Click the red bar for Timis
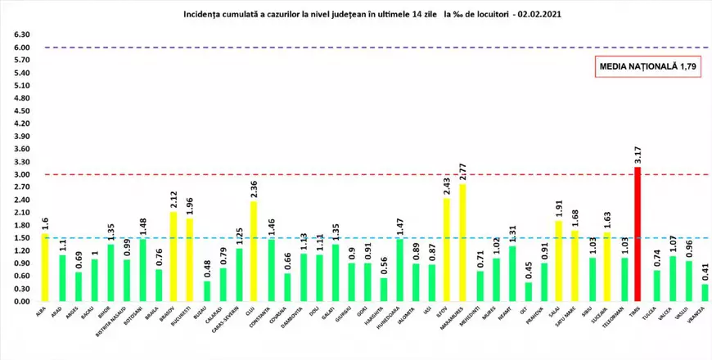point(637,235)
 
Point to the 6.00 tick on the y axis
point(22,47)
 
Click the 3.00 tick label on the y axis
point(22,174)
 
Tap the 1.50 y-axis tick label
point(22,238)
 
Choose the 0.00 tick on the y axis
point(22,301)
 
